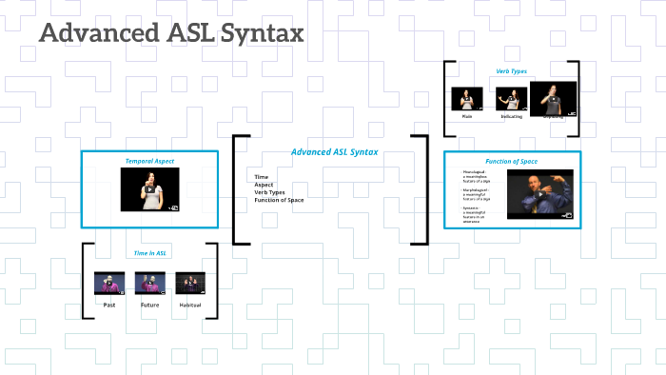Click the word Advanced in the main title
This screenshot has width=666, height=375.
pos(100,34)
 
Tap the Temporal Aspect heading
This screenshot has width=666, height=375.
pos(150,161)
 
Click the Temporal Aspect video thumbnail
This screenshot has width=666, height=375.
pos(150,188)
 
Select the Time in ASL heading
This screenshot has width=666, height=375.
pos(150,252)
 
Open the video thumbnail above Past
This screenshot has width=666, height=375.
pos(109,283)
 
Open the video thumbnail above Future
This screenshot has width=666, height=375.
pos(150,283)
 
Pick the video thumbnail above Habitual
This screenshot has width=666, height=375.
pos(190,283)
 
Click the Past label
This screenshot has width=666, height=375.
pos(109,305)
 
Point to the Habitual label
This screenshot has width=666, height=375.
pos(190,305)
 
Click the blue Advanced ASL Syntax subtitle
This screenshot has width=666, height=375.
pos(334,152)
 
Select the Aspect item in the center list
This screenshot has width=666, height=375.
pos(264,185)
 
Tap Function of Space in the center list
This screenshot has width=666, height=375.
pos(279,200)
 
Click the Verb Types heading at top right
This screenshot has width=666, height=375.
pos(511,71)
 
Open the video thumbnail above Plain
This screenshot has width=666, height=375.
pos(467,99)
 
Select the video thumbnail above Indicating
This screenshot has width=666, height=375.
pos(511,99)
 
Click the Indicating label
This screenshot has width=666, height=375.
pos(511,116)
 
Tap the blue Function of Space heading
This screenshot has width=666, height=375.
pos(511,161)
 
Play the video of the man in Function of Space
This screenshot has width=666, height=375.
pos(539,193)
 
